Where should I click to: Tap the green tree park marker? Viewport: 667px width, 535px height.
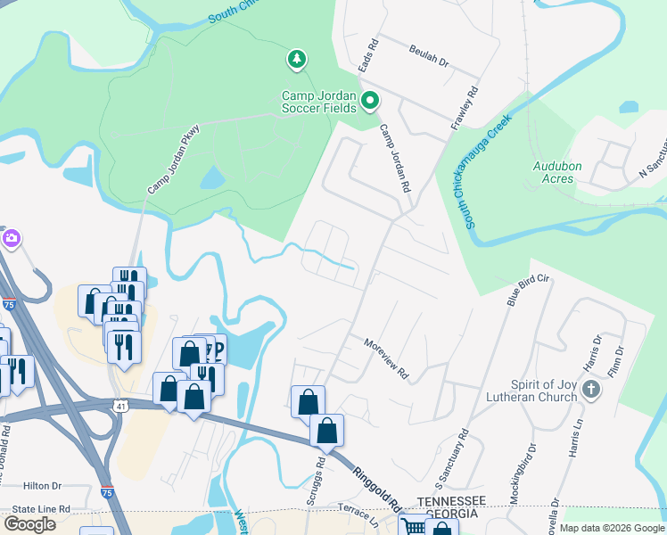click(x=296, y=60)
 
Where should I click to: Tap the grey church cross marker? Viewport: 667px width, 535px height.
click(x=593, y=389)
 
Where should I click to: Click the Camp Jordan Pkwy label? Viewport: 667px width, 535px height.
click(x=172, y=160)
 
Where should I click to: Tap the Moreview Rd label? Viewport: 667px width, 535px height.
click(x=385, y=357)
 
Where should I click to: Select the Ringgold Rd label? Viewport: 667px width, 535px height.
click(x=377, y=486)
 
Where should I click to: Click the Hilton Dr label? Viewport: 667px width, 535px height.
click(x=42, y=486)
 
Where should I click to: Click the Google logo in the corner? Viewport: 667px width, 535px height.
click(x=29, y=523)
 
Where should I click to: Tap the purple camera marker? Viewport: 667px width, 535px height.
click(x=11, y=238)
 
